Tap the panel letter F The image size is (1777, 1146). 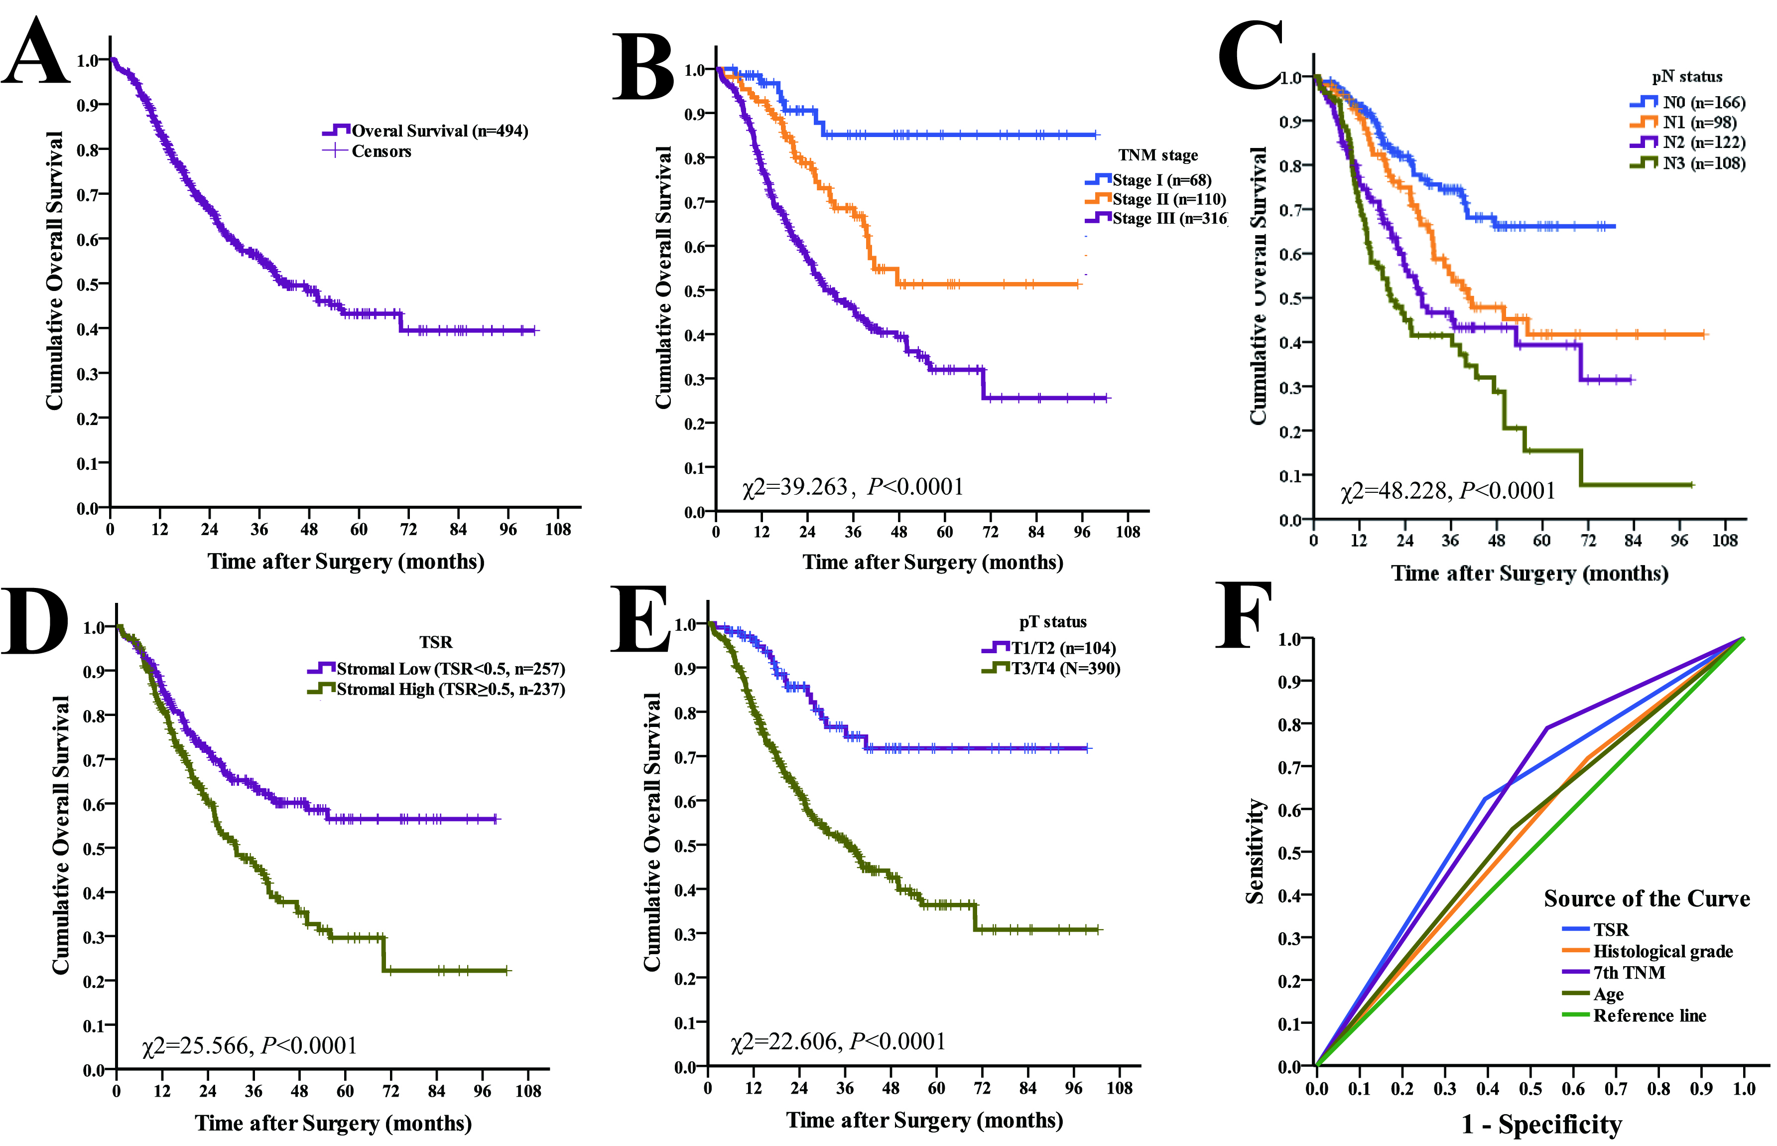click(x=1243, y=615)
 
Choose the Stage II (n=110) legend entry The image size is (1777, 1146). click(x=1155, y=199)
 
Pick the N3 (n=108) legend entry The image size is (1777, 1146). click(x=1688, y=163)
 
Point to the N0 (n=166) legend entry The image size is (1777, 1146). click(x=1688, y=103)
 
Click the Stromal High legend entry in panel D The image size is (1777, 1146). click(x=437, y=689)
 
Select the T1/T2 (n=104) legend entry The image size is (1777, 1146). click(x=1049, y=648)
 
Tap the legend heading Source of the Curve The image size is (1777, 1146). click(x=1647, y=898)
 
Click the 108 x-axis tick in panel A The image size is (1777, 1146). click(x=558, y=529)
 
